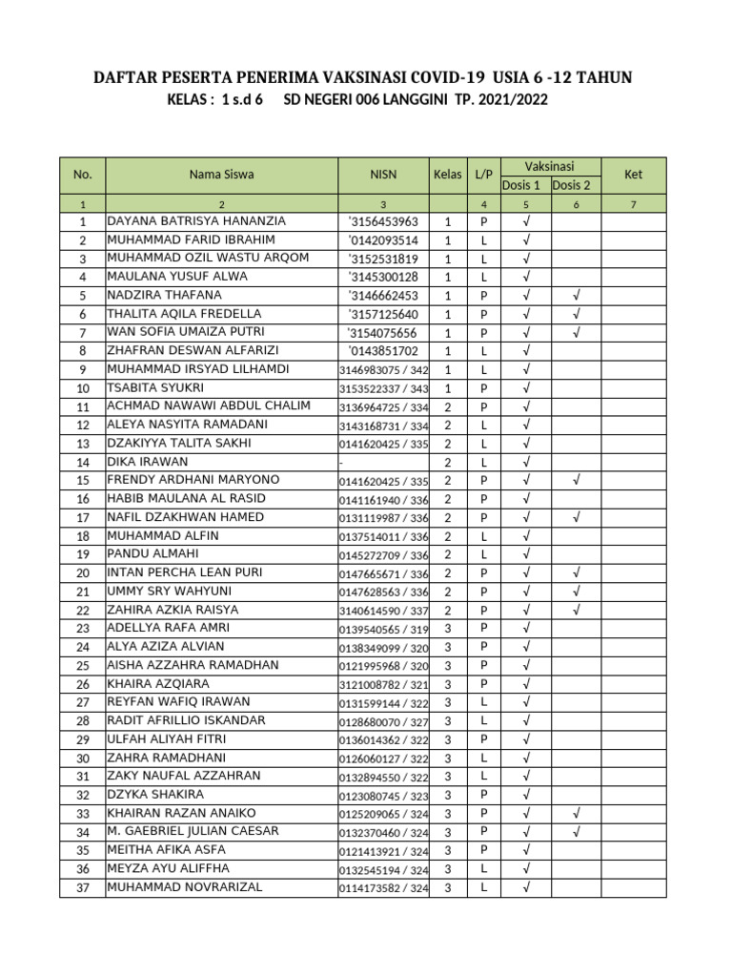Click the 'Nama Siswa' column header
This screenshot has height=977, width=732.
[221, 175]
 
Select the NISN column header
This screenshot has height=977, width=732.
[383, 175]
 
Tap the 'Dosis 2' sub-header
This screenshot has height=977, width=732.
[572, 185]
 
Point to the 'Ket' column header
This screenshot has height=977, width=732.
[633, 175]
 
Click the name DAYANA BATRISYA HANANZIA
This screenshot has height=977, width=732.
[196, 221]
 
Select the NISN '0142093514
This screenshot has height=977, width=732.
[383, 240]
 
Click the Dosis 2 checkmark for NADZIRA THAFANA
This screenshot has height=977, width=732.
[575, 296]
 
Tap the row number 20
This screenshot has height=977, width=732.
[83, 573]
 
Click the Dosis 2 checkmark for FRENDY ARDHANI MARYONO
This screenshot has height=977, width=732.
[575, 481]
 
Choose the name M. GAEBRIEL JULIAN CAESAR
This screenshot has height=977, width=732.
[193, 832]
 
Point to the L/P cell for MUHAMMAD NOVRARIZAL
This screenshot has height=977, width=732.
[484, 887]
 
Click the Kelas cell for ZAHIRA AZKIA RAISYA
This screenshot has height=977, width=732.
[448, 610]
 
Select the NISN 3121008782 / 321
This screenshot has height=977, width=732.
[383, 684]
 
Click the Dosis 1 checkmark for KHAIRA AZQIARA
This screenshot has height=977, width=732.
[525, 684]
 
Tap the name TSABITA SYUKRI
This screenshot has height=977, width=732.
[155, 388]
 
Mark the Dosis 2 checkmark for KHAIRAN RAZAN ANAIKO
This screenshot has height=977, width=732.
[575, 813]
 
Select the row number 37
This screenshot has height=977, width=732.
[83, 887]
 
